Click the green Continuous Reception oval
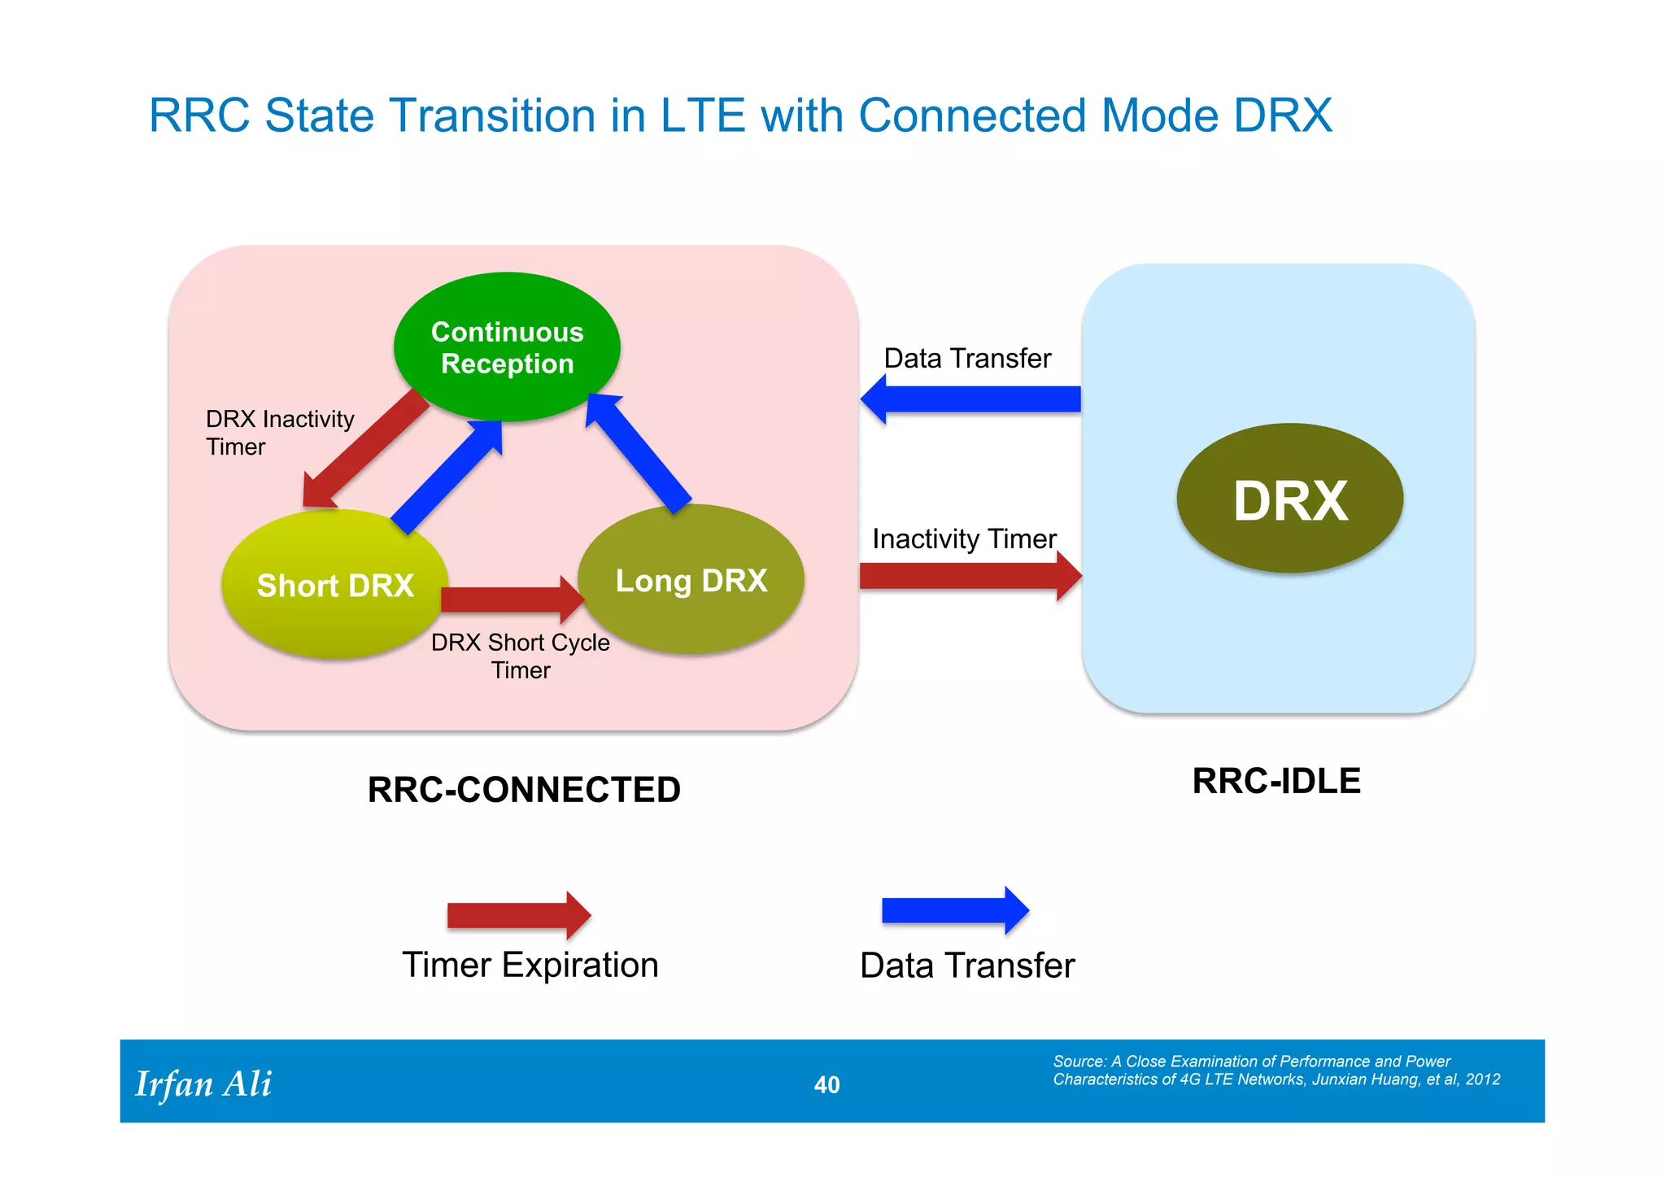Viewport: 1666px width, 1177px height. tap(507, 347)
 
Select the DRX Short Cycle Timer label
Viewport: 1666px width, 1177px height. tap(521, 656)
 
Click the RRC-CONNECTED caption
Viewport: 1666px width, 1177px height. tap(524, 790)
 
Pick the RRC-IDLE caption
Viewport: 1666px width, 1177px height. tap(1276, 781)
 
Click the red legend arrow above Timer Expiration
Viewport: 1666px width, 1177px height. tap(518, 915)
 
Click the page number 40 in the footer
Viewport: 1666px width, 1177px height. tap(826, 1084)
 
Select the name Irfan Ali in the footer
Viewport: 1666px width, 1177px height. tap(203, 1083)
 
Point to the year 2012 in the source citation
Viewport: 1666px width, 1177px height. tap(1483, 1079)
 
